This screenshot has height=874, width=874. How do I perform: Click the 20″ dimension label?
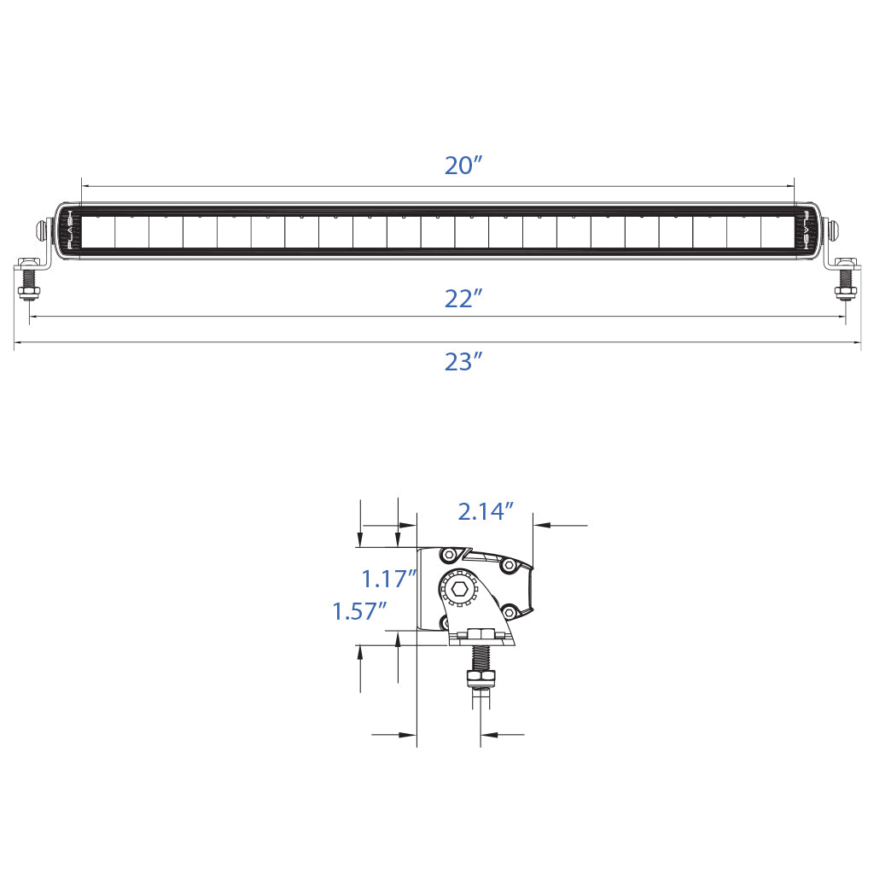pyautogui.click(x=463, y=166)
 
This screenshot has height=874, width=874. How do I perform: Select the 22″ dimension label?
pyautogui.click(x=463, y=300)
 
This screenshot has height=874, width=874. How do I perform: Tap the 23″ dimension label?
pyautogui.click(x=463, y=362)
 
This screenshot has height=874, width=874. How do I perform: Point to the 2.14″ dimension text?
pyautogui.click(x=485, y=512)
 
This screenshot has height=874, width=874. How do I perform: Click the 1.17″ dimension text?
pyautogui.click(x=389, y=580)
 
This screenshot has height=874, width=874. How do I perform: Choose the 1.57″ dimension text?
pyautogui.click(x=359, y=611)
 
